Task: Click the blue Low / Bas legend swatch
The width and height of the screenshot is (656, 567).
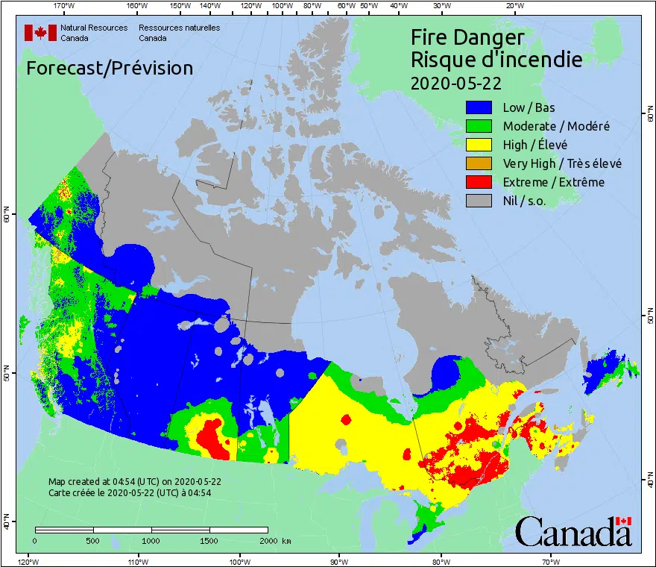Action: tap(479, 108)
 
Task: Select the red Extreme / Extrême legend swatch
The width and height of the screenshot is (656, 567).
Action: tap(479, 182)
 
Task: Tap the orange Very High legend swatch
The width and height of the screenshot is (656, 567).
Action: tap(479, 163)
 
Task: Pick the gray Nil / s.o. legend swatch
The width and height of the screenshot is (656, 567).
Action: tap(479, 201)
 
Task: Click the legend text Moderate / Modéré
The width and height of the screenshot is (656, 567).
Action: tap(556, 127)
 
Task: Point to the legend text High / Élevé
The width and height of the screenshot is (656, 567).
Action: tap(534, 145)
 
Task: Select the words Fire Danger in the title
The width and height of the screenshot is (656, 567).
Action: tap(467, 37)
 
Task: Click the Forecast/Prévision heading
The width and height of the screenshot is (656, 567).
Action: tap(110, 68)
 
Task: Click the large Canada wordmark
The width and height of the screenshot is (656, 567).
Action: tap(573, 532)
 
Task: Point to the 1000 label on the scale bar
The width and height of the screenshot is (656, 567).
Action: tap(151, 541)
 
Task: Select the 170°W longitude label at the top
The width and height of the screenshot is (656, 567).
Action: tap(65, 6)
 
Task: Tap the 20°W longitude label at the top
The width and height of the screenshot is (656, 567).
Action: tap(513, 6)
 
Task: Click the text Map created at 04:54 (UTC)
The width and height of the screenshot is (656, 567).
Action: tap(134, 481)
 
